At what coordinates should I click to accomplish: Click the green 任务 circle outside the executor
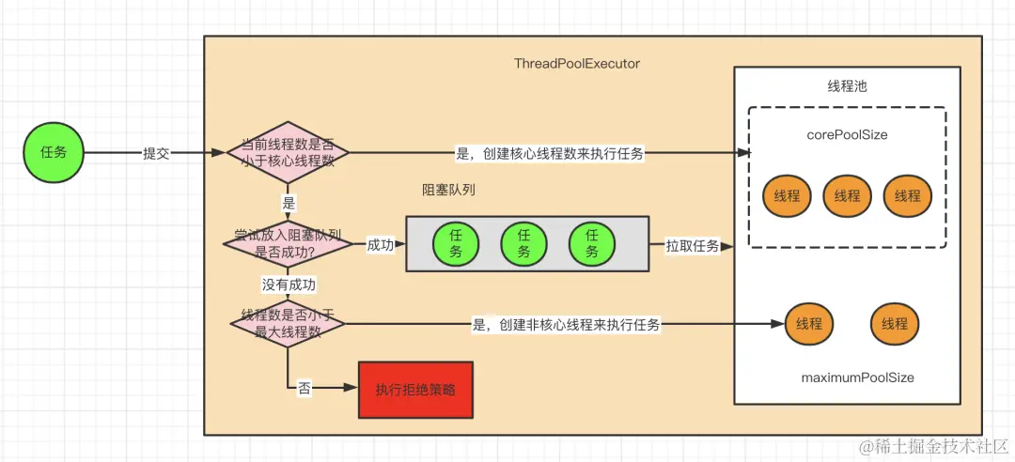coord(53,152)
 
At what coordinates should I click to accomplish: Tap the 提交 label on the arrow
coord(156,153)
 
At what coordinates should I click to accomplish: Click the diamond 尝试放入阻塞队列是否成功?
coord(287,244)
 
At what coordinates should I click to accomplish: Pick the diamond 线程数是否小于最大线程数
coord(288,323)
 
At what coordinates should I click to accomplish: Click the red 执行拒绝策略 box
coord(415,390)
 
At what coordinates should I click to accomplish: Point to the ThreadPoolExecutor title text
coord(577,64)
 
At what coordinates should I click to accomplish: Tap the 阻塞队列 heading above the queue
coord(448,189)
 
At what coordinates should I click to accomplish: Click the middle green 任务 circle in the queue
coord(523,244)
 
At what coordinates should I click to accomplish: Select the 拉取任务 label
coord(693,246)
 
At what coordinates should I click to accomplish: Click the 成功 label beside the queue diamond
coord(380,245)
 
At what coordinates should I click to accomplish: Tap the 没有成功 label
coord(289,284)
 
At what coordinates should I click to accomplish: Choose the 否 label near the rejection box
coord(304,389)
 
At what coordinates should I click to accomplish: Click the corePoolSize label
coord(847,135)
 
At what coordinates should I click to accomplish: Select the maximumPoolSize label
coord(857,377)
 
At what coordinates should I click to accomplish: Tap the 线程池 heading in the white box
coord(847,86)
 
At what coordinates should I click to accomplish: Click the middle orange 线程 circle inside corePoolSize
coord(847,195)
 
